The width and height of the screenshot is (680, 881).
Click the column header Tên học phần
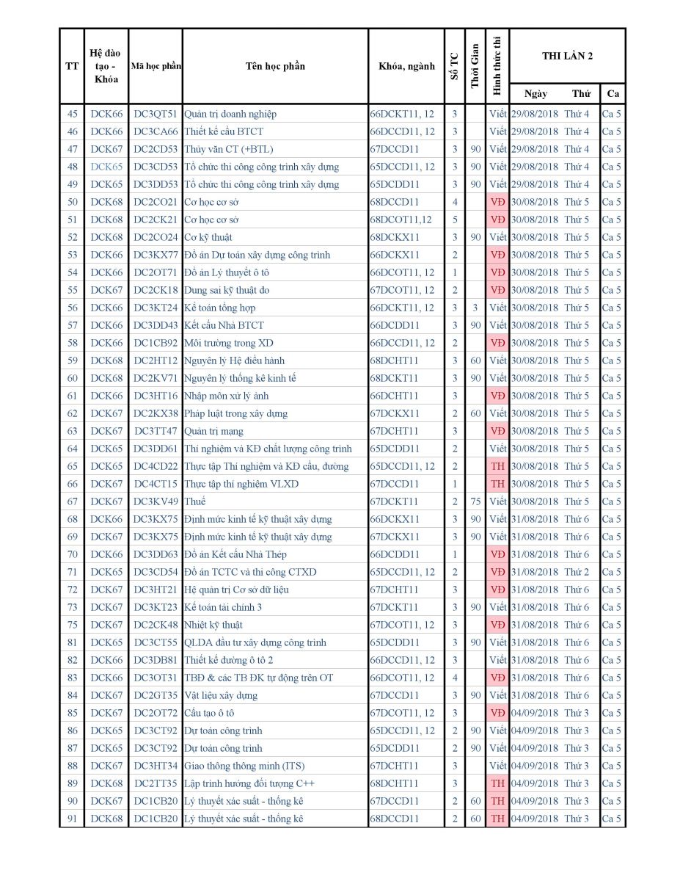pos(275,66)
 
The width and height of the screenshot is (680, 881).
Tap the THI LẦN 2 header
pos(567,56)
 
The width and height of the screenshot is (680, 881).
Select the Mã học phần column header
pos(156,66)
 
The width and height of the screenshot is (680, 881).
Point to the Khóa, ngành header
pos(406,66)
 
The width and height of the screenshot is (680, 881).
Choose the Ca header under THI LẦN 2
pos(612,94)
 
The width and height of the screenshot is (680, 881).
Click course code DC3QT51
pos(156,114)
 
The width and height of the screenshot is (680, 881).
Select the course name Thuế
pos(195,501)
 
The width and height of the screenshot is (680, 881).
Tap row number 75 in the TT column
pos(72,625)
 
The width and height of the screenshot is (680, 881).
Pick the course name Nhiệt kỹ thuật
pos(213,625)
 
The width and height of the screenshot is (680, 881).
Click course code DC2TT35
pos(156,783)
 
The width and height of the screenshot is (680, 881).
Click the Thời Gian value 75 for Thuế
pos(475,501)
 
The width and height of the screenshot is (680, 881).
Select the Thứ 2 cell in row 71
pos(577,572)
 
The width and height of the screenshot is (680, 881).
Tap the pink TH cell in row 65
pos(497,466)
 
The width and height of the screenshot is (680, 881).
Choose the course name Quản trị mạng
pos(214,431)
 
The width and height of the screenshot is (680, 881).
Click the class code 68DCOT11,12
pos(401,220)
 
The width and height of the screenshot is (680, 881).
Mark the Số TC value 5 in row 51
pos(455,220)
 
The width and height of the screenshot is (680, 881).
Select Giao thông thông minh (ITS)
pos(244,766)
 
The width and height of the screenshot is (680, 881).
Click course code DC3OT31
pos(156,678)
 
